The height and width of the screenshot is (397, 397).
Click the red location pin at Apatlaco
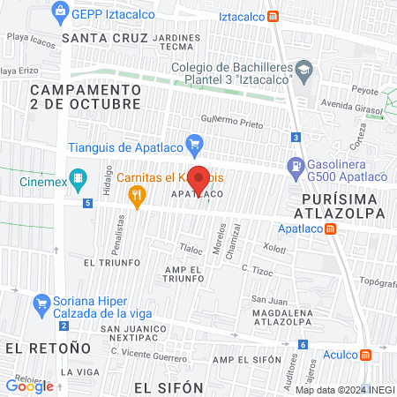pyautogui.click(x=199, y=178)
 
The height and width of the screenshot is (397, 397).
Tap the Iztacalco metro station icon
pyautogui.click(x=273, y=16)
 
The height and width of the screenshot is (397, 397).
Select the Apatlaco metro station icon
pyautogui.click(x=330, y=228)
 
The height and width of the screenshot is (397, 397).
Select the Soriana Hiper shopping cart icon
pyautogui.click(x=41, y=305)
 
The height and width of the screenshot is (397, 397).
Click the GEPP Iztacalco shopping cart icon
pyautogui.click(x=60, y=11)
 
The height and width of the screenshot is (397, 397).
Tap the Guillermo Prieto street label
pyautogui.click(x=232, y=122)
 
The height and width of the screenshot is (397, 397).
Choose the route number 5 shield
pyautogui.click(x=87, y=203)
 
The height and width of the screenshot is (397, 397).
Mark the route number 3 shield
pyautogui.click(x=297, y=137)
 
